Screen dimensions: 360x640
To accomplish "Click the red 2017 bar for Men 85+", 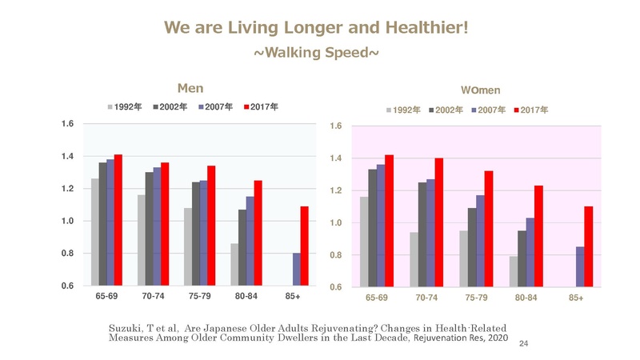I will pyautogui.click(x=304, y=246).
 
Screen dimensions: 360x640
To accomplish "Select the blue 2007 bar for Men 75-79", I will pyautogui.click(x=203, y=233).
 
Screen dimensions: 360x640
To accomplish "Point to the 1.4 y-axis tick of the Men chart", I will pyautogui.click(x=68, y=156).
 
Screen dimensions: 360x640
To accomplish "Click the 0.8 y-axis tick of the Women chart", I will pyautogui.click(x=338, y=255).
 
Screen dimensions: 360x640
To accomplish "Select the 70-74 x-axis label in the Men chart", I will pyautogui.click(x=154, y=296).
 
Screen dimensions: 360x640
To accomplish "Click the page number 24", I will pyautogui.click(x=525, y=343).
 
